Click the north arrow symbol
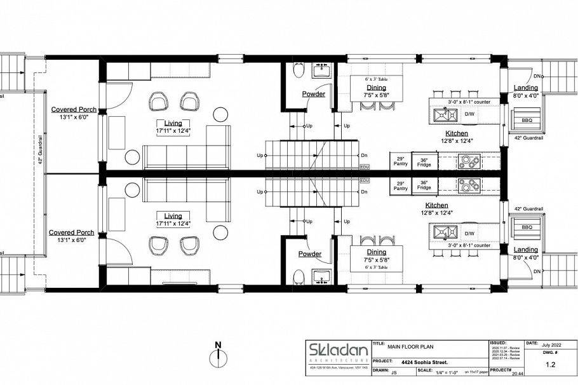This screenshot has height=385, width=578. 218,353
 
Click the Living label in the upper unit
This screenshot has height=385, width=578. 173,123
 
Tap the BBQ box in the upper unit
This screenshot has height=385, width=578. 527,119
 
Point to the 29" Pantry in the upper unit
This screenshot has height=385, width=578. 401,161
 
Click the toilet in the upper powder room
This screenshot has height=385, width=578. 298,71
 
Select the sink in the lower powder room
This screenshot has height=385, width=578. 322,277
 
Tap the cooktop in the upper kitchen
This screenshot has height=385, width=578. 471,161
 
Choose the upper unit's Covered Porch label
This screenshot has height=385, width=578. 74,110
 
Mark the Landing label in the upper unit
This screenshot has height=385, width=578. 526,88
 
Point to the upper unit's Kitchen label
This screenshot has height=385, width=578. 457,133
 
